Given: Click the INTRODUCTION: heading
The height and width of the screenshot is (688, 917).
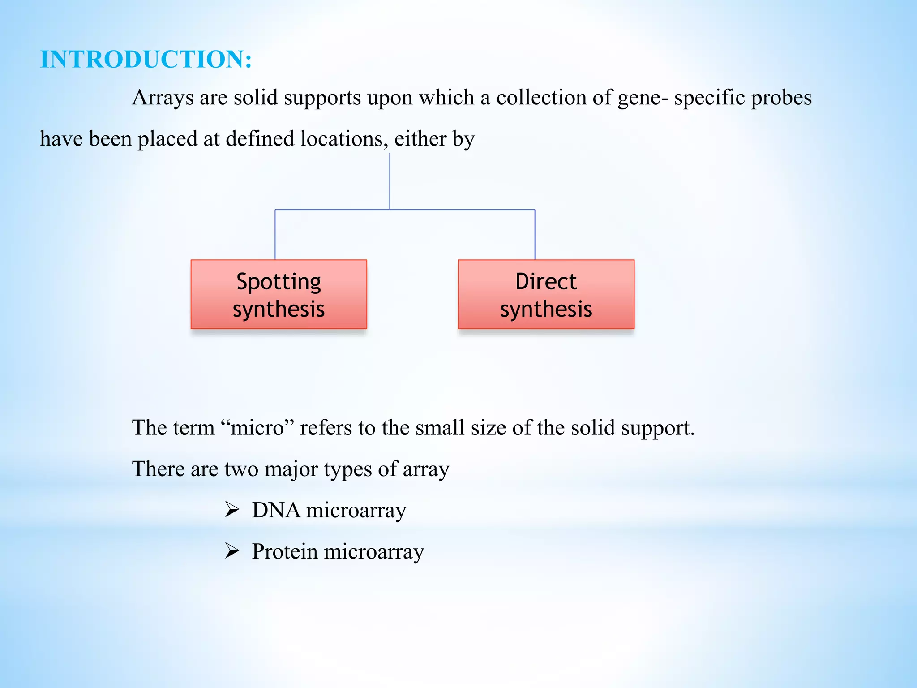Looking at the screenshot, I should click(x=146, y=59).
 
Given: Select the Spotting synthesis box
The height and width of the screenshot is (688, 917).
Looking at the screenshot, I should click(x=279, y=294).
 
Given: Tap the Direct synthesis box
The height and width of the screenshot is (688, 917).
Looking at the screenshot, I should click(x=546, y=294).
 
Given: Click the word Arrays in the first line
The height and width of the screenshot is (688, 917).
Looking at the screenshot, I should click(x=163, y=98).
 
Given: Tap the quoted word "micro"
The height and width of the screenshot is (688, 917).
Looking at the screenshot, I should click(x=257, y=428).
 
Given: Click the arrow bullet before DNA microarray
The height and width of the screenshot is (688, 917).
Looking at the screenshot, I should click(x=232, y=510).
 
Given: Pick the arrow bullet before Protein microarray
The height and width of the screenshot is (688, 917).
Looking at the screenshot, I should click(x=232, y=551).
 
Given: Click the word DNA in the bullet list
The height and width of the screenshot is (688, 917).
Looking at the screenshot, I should click(x=276, y=510).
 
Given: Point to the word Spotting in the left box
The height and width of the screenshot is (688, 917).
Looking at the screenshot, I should click(x=279, y=282).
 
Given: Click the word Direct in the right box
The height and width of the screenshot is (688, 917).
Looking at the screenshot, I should click(x=546, y=282).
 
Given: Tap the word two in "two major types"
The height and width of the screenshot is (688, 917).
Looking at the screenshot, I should click(x=242, y=469).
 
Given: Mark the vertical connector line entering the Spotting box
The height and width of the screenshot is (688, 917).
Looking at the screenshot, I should click(x=275, y=235).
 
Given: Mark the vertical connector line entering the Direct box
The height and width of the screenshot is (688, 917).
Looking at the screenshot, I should click(x=535, y=235).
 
